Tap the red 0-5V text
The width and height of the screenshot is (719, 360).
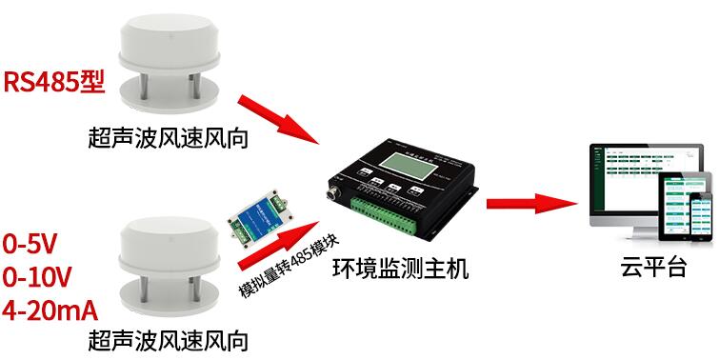pyautogui.click(x=30, y=244)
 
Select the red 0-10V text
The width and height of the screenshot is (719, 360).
pyautogui.click(x=37, y=277)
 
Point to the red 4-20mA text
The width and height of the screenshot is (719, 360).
pyautogui.click(x=50, y=310)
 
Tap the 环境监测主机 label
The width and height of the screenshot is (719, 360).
pyautogui.click(x=401, y=270)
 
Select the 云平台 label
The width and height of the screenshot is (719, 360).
pyautogui.click(x=649, y=268)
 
